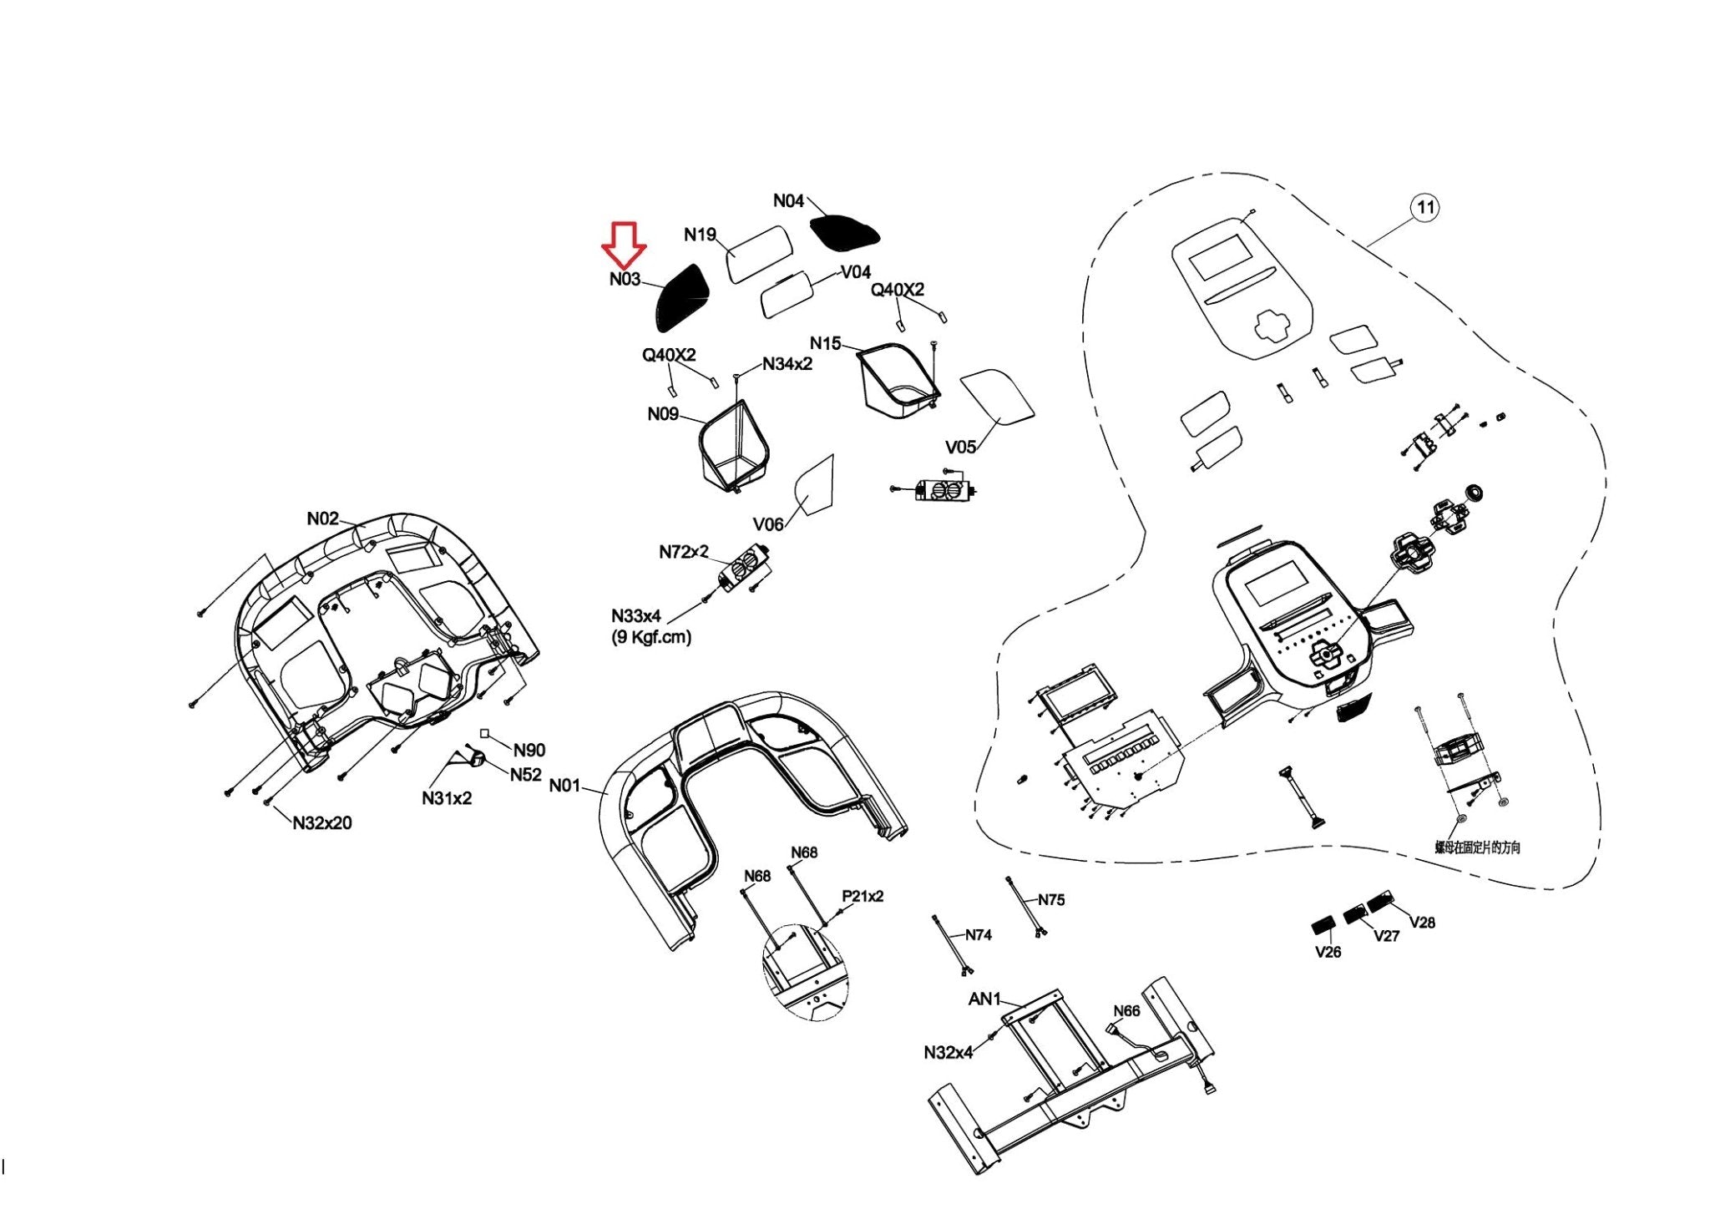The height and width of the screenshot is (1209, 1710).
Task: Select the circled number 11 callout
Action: [x=1425, y=207]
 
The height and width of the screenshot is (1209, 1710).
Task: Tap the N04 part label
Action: [x=788, y=200]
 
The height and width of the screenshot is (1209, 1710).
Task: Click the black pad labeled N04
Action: [x=843, y=231]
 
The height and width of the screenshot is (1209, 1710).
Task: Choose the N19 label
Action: [x=700, y=235]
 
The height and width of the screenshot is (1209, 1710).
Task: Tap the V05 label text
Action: [x=960, y=447]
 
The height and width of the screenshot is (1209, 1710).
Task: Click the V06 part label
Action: [x=768, y=524]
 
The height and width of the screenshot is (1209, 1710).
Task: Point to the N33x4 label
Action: [x=636, y=616]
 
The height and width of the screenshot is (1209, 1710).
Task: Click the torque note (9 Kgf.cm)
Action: [x=651, y=637]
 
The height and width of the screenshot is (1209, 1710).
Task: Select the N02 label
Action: [x=323, y=519]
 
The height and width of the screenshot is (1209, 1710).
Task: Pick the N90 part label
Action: [x=529, y=750]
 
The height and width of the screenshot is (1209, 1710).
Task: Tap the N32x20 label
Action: [x=322, y=823]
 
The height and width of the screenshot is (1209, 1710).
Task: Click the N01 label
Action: [x=564, y=786]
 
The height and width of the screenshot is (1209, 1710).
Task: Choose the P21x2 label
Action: [x=863, y=896]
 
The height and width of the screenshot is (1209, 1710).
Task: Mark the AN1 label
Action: [x=984, y=999]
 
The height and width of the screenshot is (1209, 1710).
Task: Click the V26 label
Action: [x=1328, y=952]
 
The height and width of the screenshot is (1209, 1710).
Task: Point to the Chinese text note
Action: [x=1477, y=847]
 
